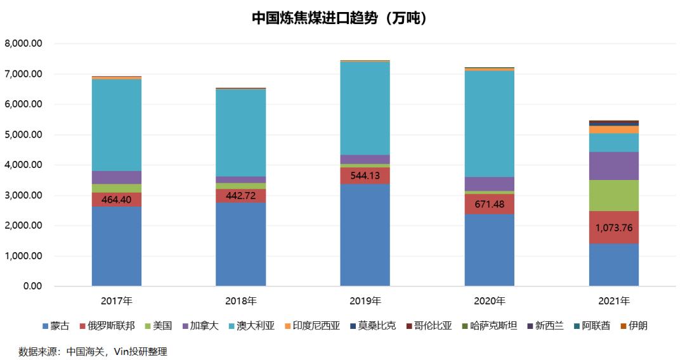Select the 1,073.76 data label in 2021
[x=613, y=228]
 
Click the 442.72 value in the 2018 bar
[x=240, y=196]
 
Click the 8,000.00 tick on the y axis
[x=23, y=44]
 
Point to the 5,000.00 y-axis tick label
[x=23, y=135]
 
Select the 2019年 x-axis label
[x=365, y=300]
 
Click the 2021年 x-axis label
[x=613, y=300]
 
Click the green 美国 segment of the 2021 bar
[x=613, y=195]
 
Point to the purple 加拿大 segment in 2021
[x=613, y=165]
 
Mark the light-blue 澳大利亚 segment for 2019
[x=365, y=108]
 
